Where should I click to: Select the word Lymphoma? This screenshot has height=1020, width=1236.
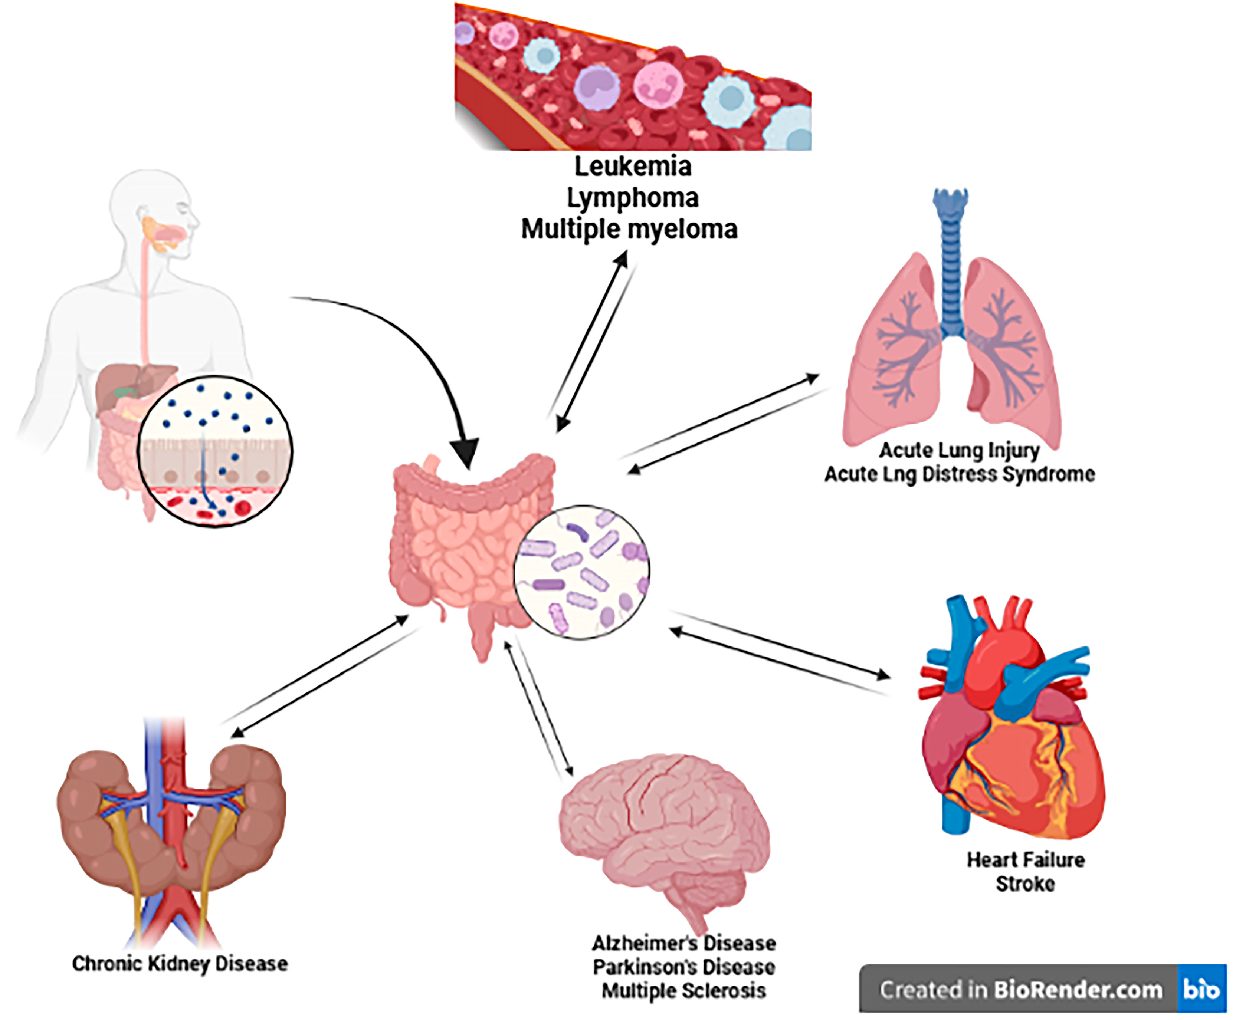point(632,198)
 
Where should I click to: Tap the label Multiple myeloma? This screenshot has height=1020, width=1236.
point(629,229)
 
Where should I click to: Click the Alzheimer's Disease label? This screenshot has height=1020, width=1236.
point(683,943)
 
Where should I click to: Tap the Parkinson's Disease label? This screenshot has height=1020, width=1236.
point(683,967)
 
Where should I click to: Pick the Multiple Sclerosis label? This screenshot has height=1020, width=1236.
point(683,991)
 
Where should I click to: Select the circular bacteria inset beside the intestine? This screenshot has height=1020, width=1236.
point(581,571)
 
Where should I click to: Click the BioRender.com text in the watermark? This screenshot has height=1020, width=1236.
point(1077,990)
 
